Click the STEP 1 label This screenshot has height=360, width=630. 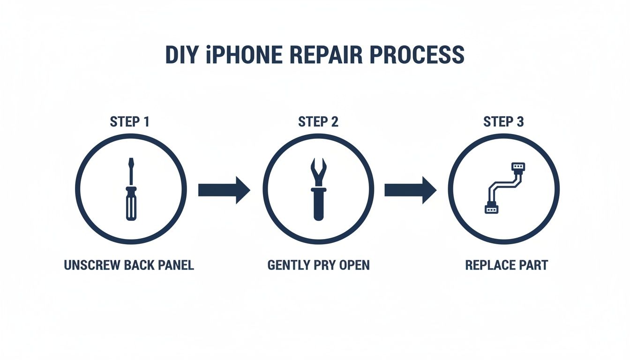coord(129,122)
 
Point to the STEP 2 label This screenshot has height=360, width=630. coord(318,122)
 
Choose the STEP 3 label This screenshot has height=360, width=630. coord(503,122)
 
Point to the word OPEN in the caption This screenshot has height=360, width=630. coord(353,265)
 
